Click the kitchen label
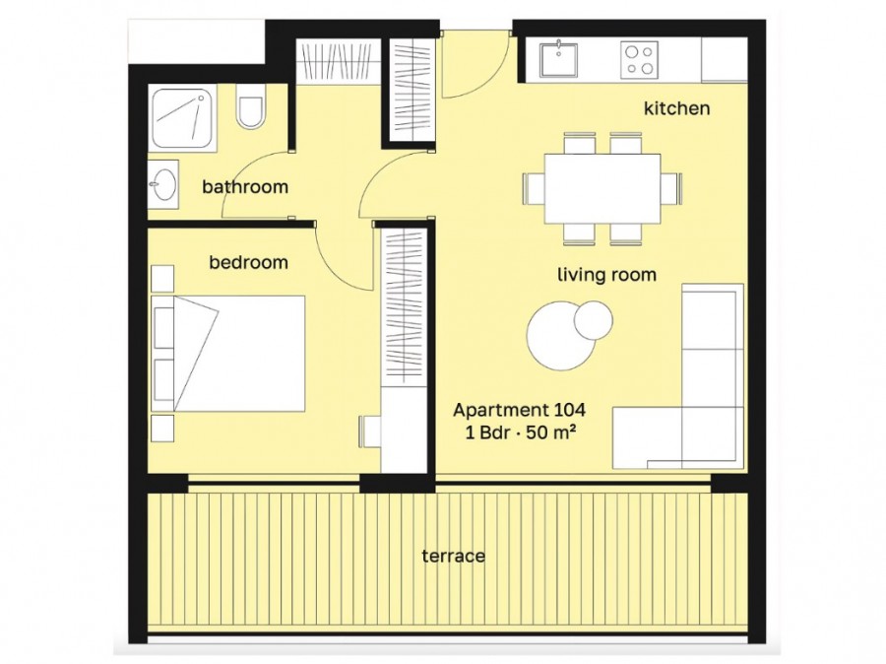[676, 108]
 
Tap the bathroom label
[245, 186]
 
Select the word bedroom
[249, 262]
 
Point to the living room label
[606, 275]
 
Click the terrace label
[453, 556]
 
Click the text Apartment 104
[519, 410]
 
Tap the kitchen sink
[558, 59]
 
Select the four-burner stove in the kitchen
[640, 60]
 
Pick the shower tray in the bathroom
[184, 118]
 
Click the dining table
[602, 189]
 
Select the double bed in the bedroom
[228, 354]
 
